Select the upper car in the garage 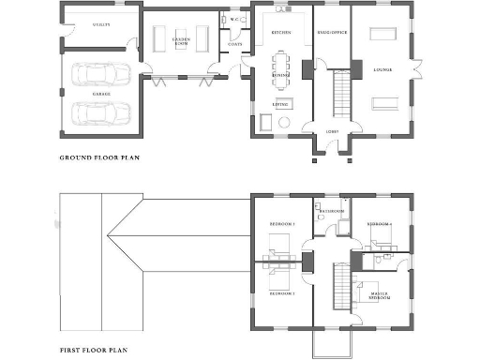coord(98,75)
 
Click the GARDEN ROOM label coord(182,41)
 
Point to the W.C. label coord(232,19)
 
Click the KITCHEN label coord(280,32)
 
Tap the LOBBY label coord(332,131)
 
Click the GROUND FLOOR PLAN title coord(99,157)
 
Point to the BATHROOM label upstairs coord(333,212)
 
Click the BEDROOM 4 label coord(380,225)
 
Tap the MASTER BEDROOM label coord(380,297)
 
